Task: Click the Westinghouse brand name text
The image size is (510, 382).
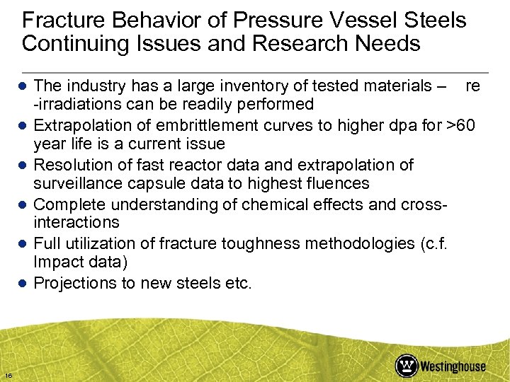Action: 453,366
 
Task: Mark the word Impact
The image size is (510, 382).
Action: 57,262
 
